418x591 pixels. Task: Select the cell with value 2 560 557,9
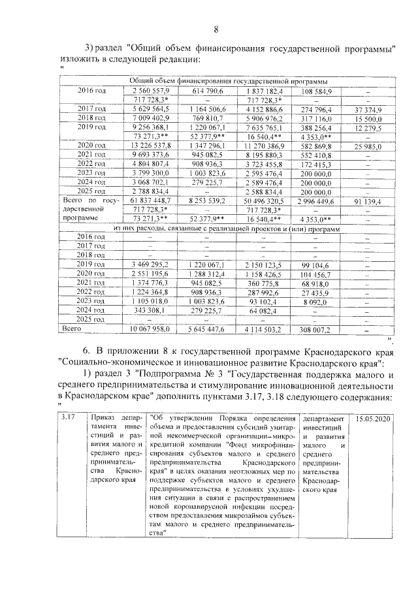(x=151, y=89)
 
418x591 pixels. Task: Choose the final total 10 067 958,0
(x=151, y=329)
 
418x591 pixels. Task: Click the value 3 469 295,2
(x=151, y=264)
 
